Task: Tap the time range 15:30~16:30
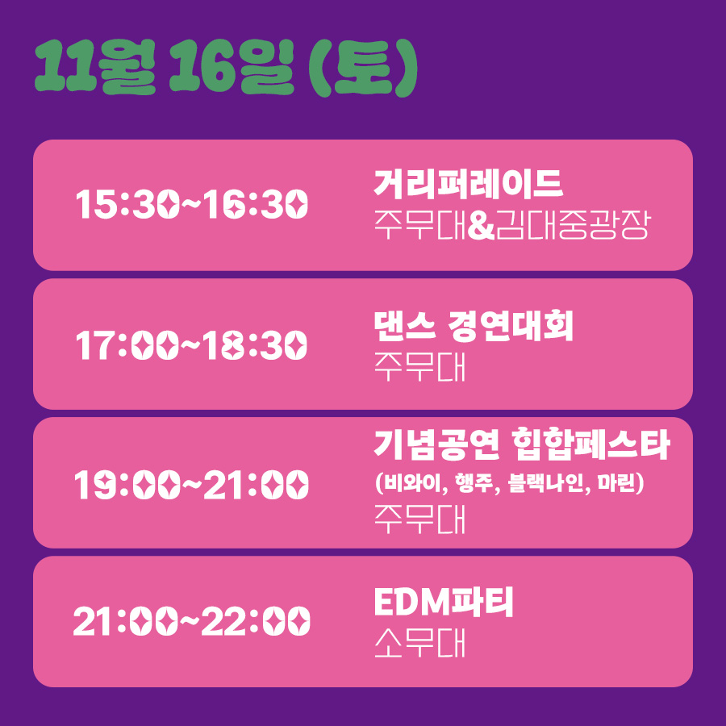pos(191,205)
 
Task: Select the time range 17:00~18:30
pos(191,345)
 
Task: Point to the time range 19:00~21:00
pos(191,485)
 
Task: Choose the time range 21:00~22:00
pos(191,622)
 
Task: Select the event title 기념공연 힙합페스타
pos(522,445)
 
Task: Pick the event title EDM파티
pos(444,603)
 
